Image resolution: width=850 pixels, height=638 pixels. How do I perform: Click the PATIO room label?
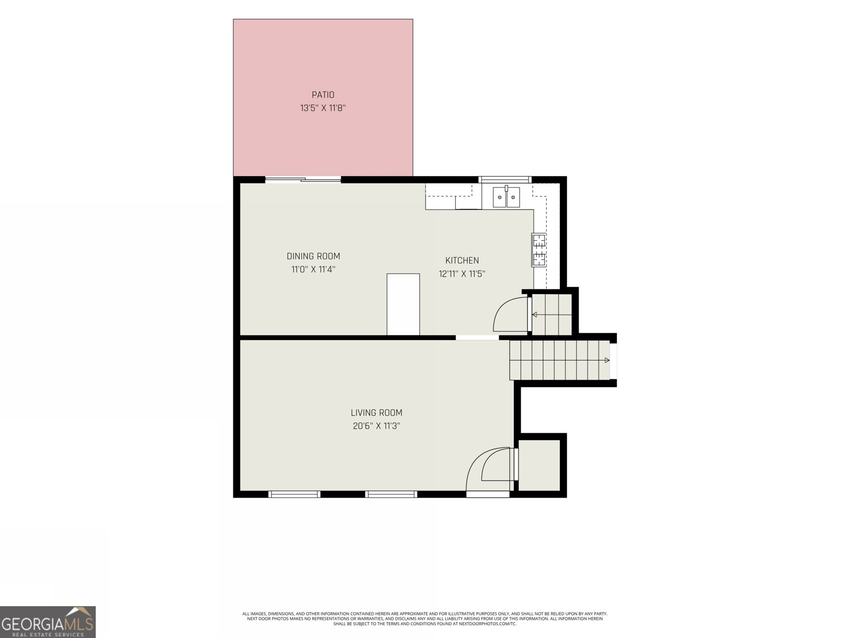coord(323,95)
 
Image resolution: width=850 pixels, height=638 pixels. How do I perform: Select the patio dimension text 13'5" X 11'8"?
coord(323,108)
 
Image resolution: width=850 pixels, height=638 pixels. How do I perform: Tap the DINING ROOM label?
coord(313,256)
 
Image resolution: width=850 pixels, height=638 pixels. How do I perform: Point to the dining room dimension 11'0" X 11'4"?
coord(313,269)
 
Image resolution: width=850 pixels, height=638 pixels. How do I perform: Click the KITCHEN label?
coord(462,261)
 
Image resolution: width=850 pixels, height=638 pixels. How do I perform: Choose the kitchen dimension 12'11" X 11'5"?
coord(462,274)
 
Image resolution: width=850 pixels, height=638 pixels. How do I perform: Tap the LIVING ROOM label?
coord(377,413)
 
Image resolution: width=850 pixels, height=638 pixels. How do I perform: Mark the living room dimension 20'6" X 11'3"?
coord(377,426)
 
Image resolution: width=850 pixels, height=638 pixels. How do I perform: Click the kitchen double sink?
coord(506,197)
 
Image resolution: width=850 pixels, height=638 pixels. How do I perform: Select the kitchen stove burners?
coord(539,250)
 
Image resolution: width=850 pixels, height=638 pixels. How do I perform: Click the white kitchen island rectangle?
coord(403,304)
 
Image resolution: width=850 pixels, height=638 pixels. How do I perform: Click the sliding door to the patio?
coord(303,179)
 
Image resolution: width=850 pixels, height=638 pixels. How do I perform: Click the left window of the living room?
coord(294,494)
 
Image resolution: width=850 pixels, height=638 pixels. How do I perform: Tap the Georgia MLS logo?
coord(48,622)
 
